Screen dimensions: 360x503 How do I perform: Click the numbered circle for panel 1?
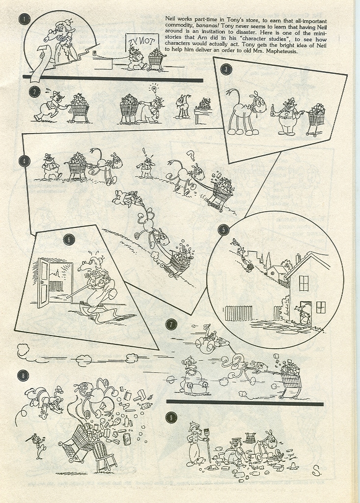coord(25,19)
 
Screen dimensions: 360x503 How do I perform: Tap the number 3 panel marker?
coord(226,69)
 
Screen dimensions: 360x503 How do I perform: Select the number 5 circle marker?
coord(223,230)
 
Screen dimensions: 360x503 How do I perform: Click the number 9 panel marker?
coord(171,418)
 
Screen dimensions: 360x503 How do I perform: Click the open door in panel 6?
coord(45,282)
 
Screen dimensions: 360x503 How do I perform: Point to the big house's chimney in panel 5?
coord(298,258)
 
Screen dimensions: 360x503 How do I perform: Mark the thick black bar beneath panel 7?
coord(245,402)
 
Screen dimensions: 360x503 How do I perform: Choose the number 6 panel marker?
coord(69,240)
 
